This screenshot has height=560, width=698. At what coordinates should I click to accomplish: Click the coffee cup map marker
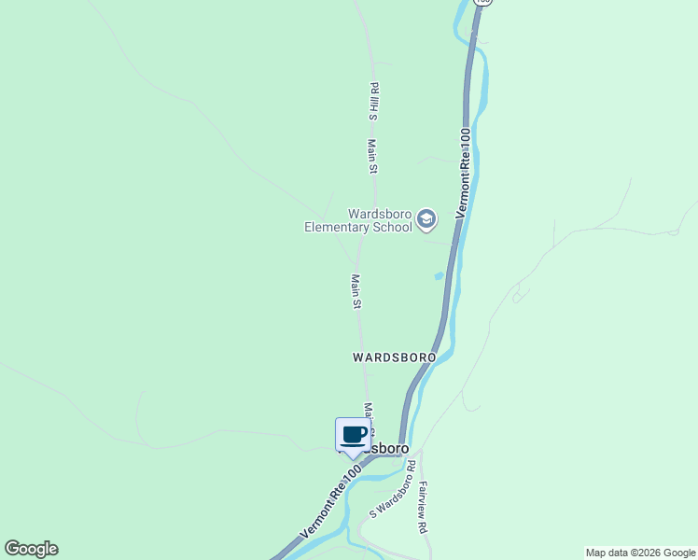click(x=353, y=435)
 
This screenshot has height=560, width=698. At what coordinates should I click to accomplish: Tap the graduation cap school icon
click(x=426, y=220)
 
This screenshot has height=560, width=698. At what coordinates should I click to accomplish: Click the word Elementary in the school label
click(x=338, y=227)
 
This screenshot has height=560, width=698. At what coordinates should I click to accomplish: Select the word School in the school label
click(x=392, y=227)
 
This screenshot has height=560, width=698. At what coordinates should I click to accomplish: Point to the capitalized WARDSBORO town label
click(x=394, y=357)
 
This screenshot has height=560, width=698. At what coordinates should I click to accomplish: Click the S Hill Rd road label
click(x=372, y=101)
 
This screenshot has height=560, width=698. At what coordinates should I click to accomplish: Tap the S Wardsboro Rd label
click(x=392, y=496)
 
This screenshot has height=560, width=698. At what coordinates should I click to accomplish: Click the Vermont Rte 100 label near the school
click(x=464, y=174)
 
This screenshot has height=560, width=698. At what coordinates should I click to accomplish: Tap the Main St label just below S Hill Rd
click(x=371, y=157)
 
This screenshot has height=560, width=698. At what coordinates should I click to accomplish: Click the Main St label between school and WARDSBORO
click(x=356, y=290)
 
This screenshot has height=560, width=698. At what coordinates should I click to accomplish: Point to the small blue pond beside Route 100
click(x=438, y=275)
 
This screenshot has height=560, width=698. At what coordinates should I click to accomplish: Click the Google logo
click(x=31, y=549)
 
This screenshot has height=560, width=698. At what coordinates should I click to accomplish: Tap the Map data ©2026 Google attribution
click(x=641, y=553)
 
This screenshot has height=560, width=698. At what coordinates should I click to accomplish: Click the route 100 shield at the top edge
click(x=481, y=3)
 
